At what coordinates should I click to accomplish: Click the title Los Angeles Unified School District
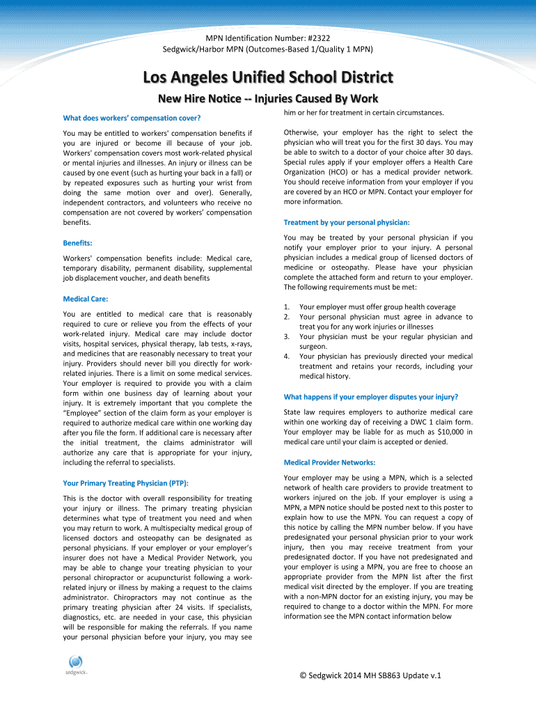click(268, 77)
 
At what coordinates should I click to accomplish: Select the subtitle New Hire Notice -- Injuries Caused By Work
click(268, 99)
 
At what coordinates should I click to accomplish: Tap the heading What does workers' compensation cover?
click(132, 116)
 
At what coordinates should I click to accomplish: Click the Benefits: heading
click(78, 243)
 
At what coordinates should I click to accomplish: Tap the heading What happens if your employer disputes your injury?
click(371, 397)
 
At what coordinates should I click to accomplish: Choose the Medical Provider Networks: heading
click(329, 462)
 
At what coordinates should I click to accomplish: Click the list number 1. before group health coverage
click(287, 307)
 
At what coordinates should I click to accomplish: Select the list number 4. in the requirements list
click(287, 356)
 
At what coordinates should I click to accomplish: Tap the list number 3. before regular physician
click(287, 337)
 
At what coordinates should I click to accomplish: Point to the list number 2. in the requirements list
click(287, 317)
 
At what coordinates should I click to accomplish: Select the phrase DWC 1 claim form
click(444, 422)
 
